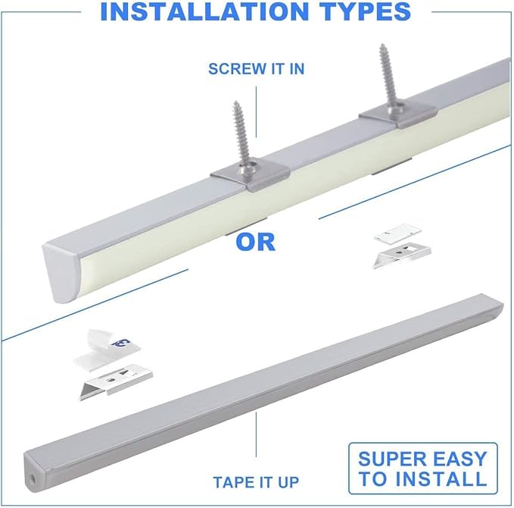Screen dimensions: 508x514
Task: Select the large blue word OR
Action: point(255,242)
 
